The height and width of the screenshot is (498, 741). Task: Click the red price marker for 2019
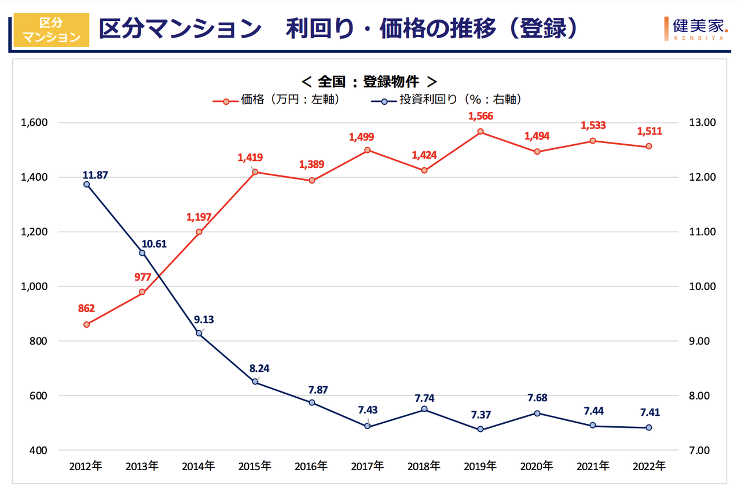pos(480,131)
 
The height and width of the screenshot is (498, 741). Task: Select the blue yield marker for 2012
pos(86,184)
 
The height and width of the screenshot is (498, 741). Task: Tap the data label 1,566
pos(480,116)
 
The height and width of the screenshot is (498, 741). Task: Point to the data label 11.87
pos(96,174)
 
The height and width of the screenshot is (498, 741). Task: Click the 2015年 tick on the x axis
pos(255,466)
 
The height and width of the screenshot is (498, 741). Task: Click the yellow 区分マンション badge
pos(51,30)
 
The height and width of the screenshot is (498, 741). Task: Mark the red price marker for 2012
pos(86,325)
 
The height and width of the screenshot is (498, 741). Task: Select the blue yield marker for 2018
pos(424,409)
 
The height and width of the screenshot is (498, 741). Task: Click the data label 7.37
pos(480,415)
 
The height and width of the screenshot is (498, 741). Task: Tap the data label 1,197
pos(199,217)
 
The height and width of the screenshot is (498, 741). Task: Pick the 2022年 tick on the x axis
pos(649,466)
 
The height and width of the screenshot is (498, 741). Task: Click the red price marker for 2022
pos(649,146)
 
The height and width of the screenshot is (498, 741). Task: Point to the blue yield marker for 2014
pos(199,333)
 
